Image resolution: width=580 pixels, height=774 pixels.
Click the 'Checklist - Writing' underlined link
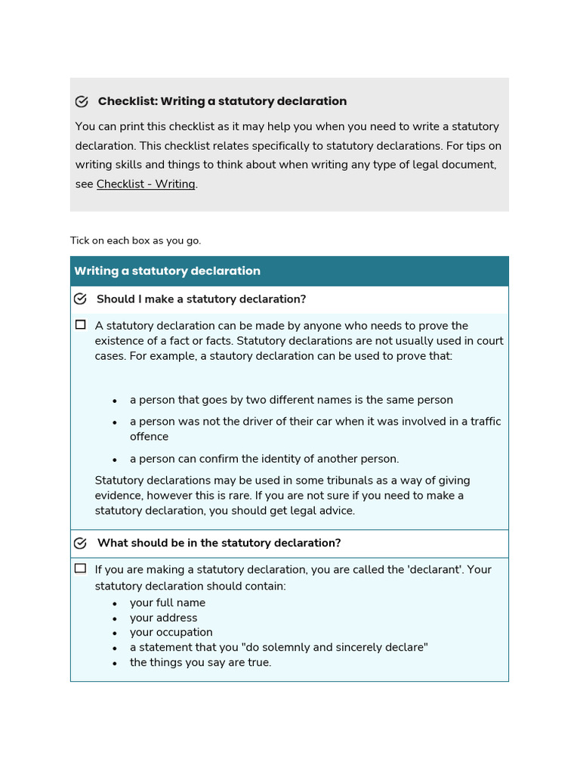[146, 184]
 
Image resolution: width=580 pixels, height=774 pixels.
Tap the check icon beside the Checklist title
[82, 101]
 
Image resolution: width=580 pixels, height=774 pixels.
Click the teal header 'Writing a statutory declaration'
[167, 271]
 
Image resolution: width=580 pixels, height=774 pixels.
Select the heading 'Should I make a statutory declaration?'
[201, 299]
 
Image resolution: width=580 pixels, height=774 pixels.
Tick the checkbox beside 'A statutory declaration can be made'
[81, 325]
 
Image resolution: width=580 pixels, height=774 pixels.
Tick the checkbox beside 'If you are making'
[81, 568]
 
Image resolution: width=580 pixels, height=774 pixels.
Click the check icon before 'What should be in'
[81, 543]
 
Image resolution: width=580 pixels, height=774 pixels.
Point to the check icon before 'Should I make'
[81, 299]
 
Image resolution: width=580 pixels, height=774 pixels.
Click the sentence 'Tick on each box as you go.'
[136, 240]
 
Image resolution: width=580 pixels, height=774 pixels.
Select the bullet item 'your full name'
[167, 602]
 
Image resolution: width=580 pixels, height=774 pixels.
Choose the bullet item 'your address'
[163, 618]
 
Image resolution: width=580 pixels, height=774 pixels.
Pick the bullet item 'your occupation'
[171, 632]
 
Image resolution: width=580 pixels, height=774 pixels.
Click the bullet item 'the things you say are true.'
[200, 662]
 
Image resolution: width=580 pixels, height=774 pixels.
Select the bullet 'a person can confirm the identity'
[264, 459]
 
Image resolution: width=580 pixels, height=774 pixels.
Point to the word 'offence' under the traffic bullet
[149, 437]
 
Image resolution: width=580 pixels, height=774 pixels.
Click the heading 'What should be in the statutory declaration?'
[219, 543]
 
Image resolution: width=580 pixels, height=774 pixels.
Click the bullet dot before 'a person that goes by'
[115, 401]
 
